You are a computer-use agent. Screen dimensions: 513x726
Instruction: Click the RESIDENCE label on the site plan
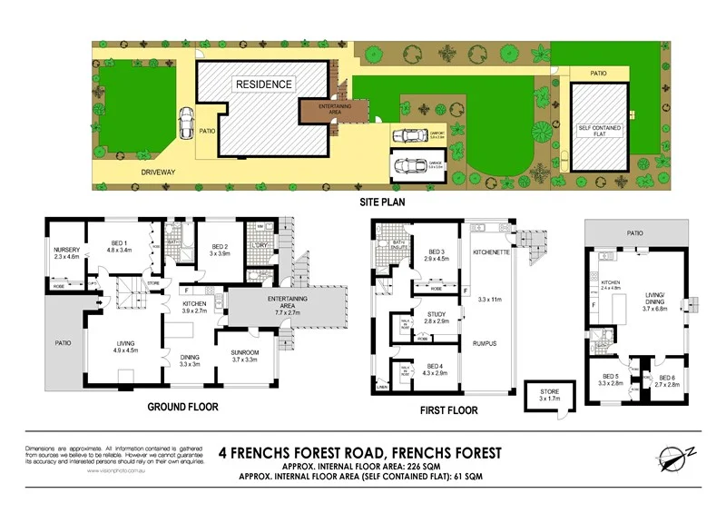(x=264, y=84)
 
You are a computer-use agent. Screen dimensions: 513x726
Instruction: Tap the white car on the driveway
(x=185, y=121)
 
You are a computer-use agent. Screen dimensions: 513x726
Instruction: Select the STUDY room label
(x=437, y=317)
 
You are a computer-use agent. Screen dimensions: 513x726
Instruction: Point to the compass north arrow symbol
(x=674, y=459)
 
